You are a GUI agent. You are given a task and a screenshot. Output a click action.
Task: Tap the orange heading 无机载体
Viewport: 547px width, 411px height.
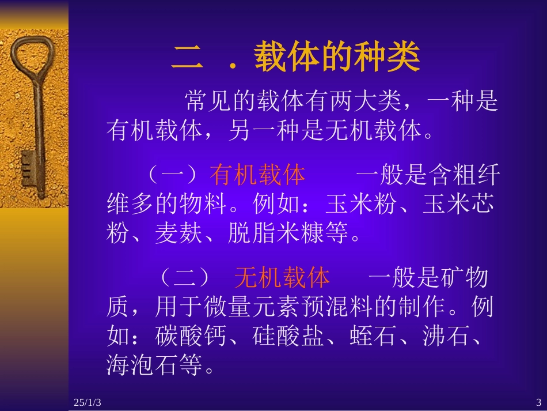282,278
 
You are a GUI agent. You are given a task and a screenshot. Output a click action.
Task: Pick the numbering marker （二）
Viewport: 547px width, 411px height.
184,278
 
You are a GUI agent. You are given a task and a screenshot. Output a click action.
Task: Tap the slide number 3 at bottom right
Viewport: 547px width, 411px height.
538,402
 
